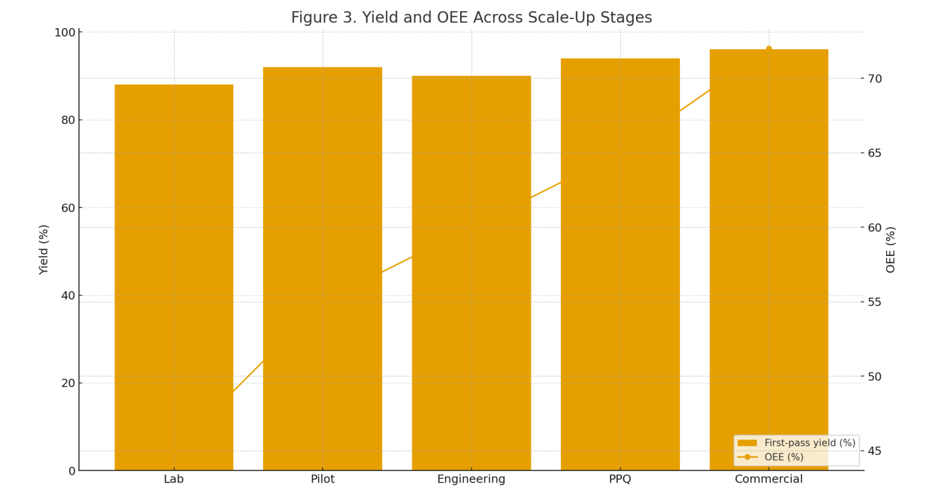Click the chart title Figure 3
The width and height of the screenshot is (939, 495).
(472, 18)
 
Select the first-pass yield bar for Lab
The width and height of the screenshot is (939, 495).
(174, 277)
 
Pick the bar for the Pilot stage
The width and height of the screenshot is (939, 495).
(323, 268)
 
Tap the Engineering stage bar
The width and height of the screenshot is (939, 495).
(472, 273)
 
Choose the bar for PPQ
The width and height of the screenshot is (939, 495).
(620, 265)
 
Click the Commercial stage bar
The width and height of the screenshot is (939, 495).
(769, 260)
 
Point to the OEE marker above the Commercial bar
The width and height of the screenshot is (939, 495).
(769, 48)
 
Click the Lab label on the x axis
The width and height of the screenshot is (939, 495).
(174, 479)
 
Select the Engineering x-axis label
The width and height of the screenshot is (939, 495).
(472, 479)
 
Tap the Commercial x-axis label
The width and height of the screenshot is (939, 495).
(769, 479)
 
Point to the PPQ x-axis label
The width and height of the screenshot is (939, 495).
(620, 479)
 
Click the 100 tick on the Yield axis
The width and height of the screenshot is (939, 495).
(65, 33)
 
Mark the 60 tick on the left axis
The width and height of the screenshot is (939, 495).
(68, 208)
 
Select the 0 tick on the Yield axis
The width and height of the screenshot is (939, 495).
(72, 471)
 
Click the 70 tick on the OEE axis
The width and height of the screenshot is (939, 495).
(875, 79)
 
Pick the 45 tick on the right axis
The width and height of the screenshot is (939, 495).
(875, 451)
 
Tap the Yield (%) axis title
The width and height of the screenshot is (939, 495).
(44, 250)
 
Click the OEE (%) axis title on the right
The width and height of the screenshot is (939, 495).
(891, 250)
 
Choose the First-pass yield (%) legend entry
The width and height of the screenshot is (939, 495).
(796, 443)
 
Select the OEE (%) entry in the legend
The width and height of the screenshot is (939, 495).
(770, 457)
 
